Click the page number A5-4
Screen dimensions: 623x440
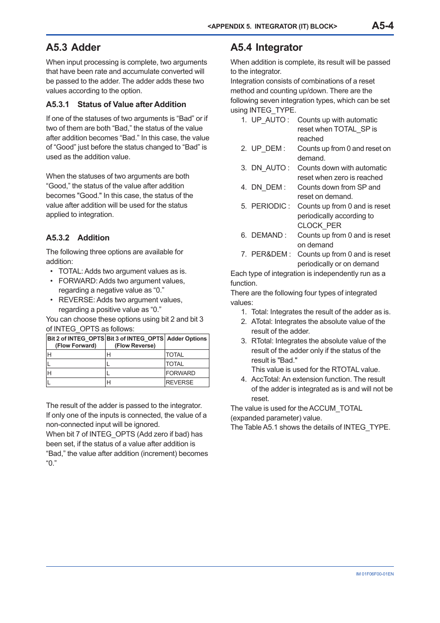[x=382, y=26]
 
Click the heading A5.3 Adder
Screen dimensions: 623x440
[x=73, y=48]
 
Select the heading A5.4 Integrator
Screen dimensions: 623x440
[x=266, y=48]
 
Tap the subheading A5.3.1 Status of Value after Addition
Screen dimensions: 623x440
[x=116, y=104]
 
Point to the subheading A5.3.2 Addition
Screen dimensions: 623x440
[x=77, y=238]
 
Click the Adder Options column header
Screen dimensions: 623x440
[x=186, y=339]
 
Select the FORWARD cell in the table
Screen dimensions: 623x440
[x=180, y=373]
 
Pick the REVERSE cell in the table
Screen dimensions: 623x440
[x=179, y=382]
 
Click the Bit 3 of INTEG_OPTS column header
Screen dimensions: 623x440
[x=135, y=341]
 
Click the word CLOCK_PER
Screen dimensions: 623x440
[x=319, y=226]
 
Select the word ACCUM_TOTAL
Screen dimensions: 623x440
[x=335, y=408]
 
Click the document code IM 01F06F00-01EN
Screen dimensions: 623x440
[x=375, y=574]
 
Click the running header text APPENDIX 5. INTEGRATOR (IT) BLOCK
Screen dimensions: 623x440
[x=272, y=27]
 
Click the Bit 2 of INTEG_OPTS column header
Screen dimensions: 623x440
[x=76, y=341]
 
